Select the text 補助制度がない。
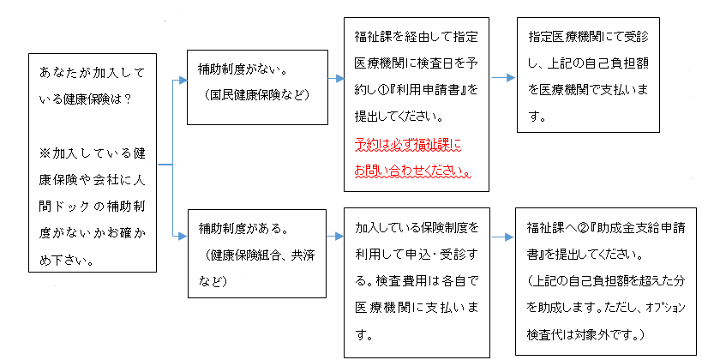tap(230, 69)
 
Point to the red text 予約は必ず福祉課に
tap(408, 145)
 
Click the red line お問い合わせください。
tap(413, 171)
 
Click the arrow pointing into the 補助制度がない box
tap(179, 81)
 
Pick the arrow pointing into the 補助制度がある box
tap(179, 237)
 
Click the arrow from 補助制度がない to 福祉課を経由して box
tap(336, 79)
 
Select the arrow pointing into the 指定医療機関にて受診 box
tap(504, 78)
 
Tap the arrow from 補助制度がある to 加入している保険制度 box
tap(335, 237)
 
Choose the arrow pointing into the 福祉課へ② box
tap(502, 237)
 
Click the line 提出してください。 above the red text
tap(399, 117)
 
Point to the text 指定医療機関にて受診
tap(589, 37)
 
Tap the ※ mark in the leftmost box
tap(45, 153)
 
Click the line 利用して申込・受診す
tap(416, 255)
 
